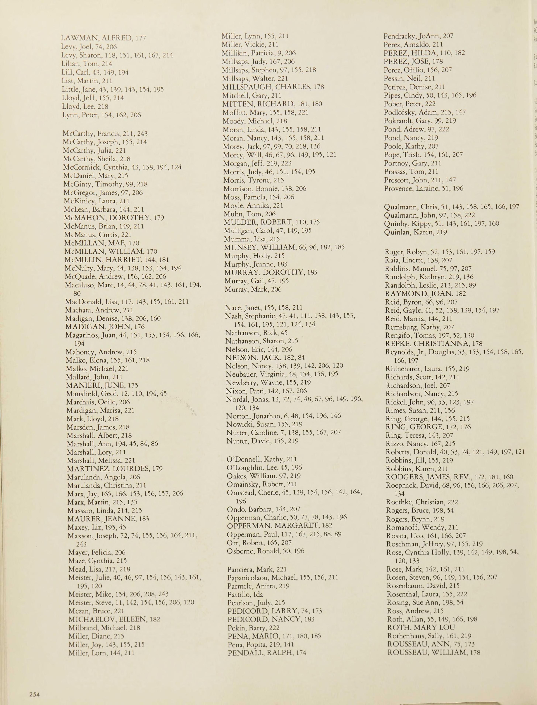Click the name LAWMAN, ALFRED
pos(103,38)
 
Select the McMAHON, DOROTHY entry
pos(114,218)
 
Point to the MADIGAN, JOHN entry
pos(105,326)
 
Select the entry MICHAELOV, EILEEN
pos(114,619)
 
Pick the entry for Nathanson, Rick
pos(256,333)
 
